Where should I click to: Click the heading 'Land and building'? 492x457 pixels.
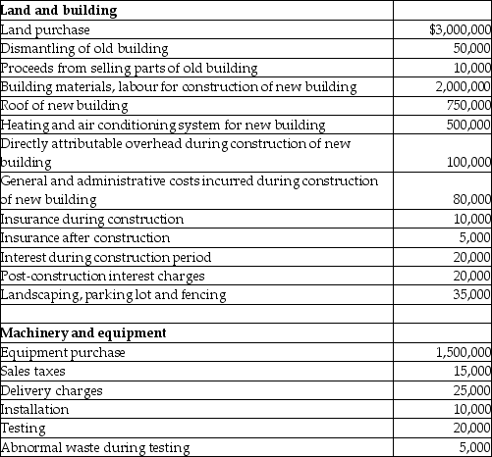coord(60,11)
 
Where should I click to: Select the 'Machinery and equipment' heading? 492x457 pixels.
coord(83,332)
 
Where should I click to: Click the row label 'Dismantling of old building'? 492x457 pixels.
coord(84,48)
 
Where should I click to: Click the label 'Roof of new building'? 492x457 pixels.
coord(66,106)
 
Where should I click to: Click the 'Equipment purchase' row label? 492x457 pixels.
coord(63,352)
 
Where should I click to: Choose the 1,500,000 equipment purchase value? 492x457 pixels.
coord(460,352)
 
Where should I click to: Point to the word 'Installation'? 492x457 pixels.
coord(35,409)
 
